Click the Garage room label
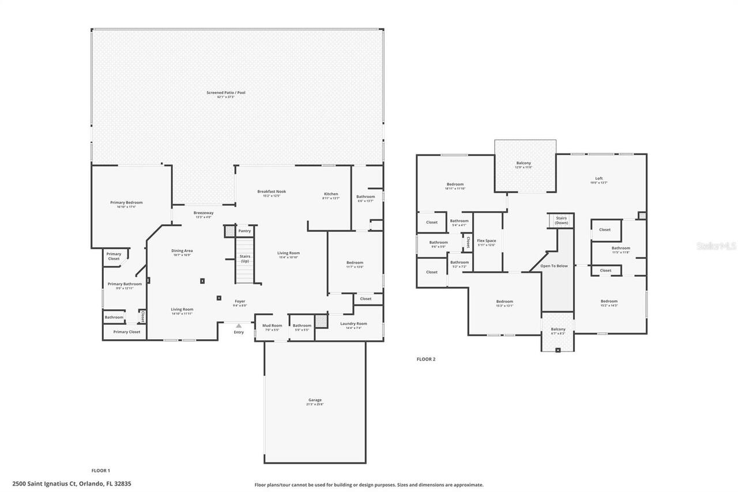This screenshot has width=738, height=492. click(x=315, y=400)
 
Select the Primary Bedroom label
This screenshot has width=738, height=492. click(x=126, y=202)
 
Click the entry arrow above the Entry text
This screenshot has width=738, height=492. click(x=239, y=326)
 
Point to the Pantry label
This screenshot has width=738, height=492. click(x=244, y=231)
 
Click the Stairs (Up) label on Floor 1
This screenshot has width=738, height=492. click(x=244, y=258)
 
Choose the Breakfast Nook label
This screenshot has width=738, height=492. click(x=272, y=191)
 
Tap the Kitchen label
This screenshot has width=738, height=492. click(x=331, y=194)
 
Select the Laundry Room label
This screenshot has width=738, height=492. click(x=354, y=324)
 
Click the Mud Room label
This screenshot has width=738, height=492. click(x=272, y=325)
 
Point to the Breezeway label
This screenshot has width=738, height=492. click(x=204, y=213)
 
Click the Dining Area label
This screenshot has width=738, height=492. click(x=182, y=251)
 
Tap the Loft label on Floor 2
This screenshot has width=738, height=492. click(x=598, y=178)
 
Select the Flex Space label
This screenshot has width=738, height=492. click(x=487, y=241)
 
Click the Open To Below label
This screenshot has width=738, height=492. click(x=554, y=266)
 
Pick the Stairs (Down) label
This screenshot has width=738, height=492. click(x=562, y=220)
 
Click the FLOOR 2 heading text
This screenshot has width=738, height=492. click(x=426, y=359)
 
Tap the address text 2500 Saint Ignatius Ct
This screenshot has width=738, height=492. click(x=71, y=483)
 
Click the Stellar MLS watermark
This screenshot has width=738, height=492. click(x=716, y=246)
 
